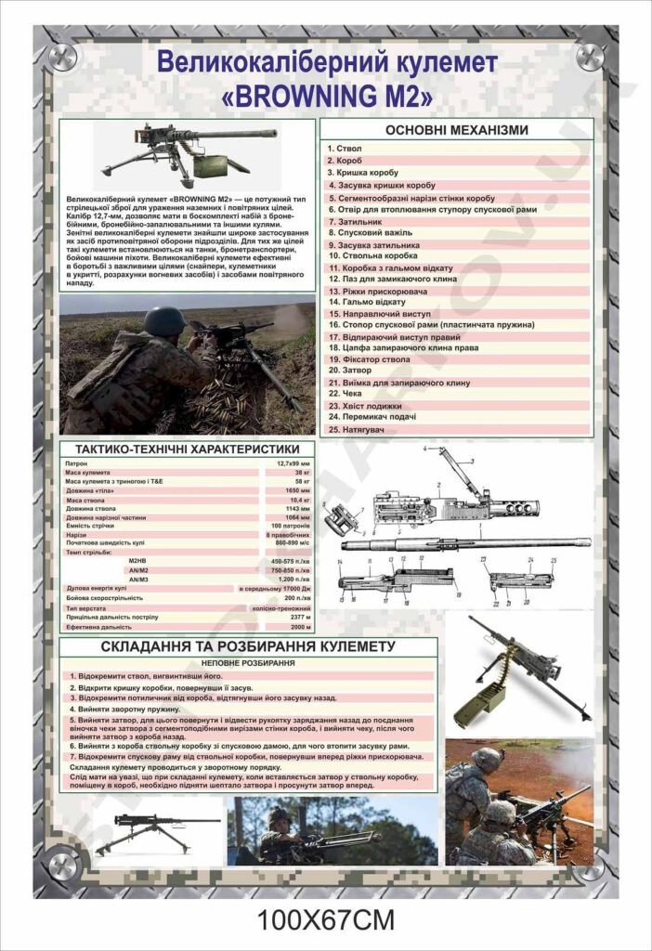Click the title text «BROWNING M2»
click(x=326, y=95)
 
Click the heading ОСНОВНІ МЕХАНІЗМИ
click(x=456, y=130)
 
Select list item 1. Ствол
click(x=346, y=149)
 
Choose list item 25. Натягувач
click(x=358, y=430)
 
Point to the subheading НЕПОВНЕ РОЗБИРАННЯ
click(x=248, y=663)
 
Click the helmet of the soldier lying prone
click(x=164, y=320)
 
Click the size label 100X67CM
click(x=326, y=920)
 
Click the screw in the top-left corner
click(x=62, y=57)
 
